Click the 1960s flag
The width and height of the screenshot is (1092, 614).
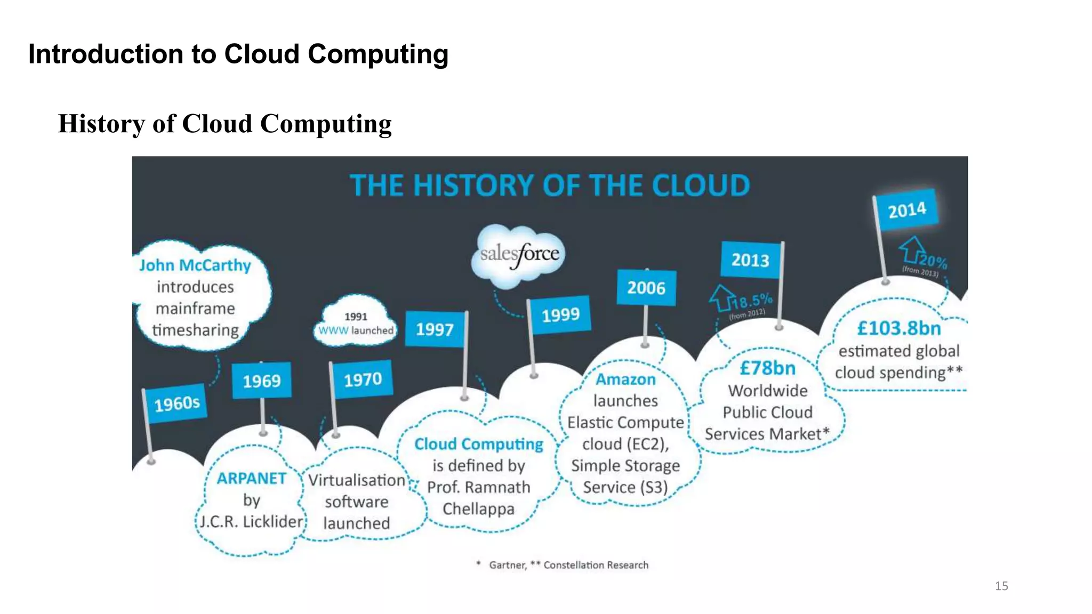coord(177,403)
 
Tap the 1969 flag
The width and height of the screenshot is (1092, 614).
coord(262,381)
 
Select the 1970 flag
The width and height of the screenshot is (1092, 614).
coord(363,379)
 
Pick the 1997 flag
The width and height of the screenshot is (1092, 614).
coord(435,329)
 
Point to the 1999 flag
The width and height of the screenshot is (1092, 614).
coord(560,314)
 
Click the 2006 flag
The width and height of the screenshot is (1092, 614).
coord(646,288)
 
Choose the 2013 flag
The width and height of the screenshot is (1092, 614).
coord(750,260)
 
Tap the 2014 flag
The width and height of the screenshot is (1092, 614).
coord(907,210)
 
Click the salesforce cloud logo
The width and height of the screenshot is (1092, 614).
coord(519,255)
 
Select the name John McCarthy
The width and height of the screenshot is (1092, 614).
coord(195,265)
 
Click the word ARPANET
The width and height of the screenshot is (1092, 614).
coord(251,478)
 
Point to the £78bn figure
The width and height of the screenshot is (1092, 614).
coord(767,368)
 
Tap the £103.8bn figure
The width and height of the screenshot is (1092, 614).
coord(899,328)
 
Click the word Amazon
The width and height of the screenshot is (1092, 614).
coord(625,379)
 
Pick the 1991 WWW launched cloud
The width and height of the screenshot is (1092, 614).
coord(356,323)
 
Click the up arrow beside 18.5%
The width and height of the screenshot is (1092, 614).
coord(721,297)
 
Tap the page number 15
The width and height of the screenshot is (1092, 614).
coord(1001,586)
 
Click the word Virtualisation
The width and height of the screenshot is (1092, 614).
coord(356,480)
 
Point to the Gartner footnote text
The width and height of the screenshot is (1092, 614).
coord(507,565)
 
